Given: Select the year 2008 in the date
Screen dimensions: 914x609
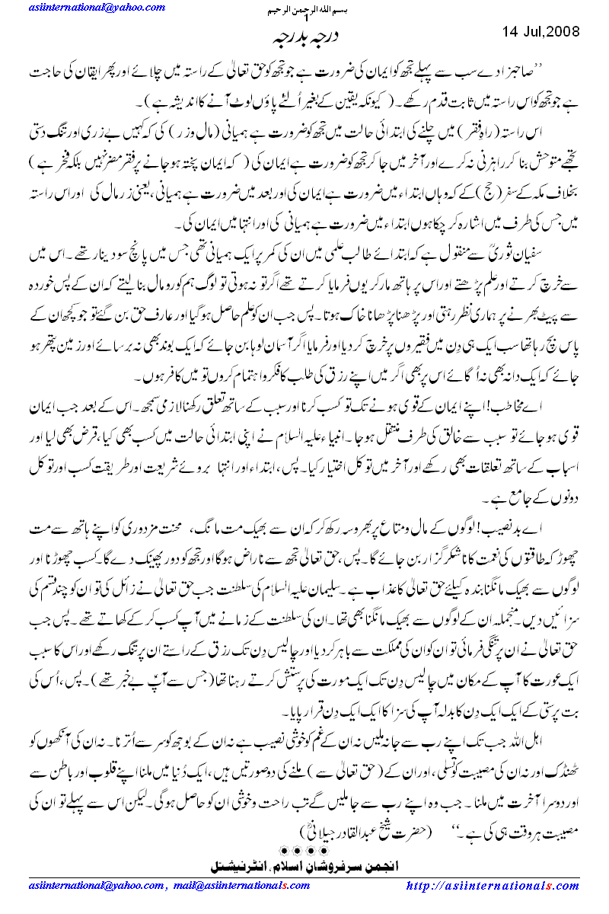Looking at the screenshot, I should tap(563, 32).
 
